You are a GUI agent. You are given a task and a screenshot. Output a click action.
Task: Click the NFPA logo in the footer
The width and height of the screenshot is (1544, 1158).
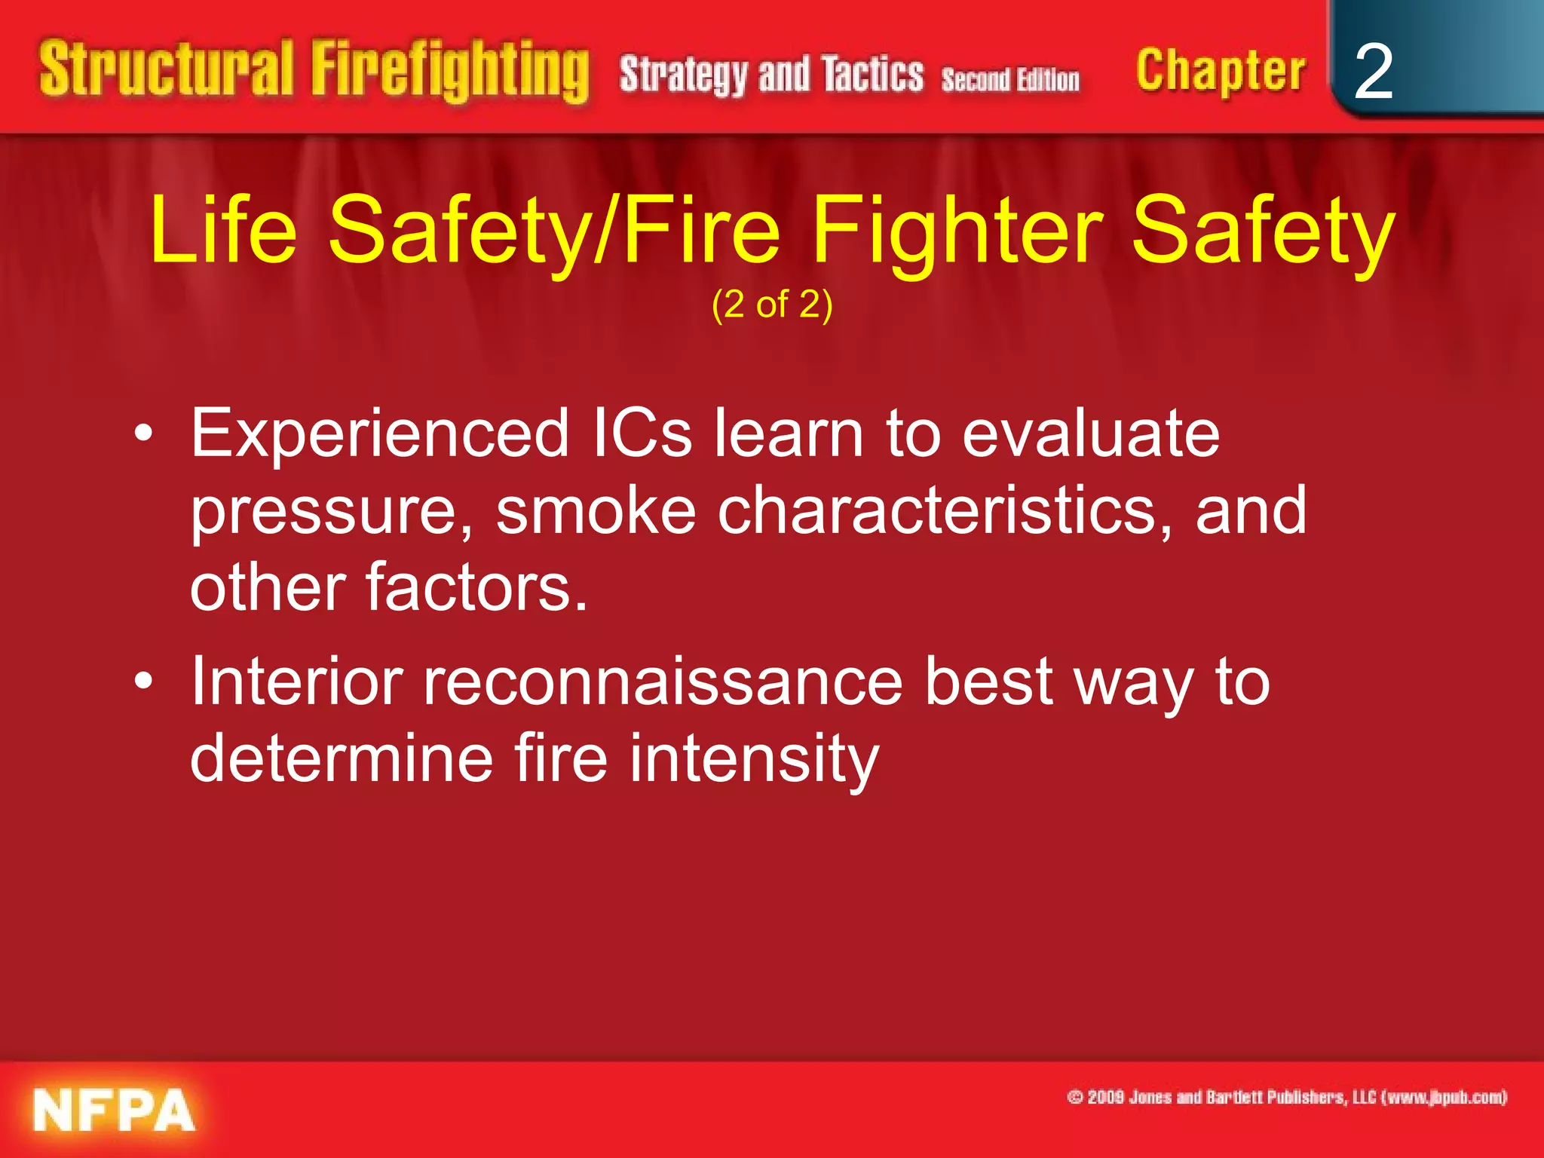[x=114, y=1110]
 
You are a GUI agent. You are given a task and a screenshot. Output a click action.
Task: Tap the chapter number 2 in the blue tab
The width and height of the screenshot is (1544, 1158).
[x=1373, y=72]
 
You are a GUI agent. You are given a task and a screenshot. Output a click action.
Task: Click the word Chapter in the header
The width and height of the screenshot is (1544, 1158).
[x=1221, y=72]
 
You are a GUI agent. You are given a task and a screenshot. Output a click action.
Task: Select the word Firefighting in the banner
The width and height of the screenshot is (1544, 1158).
[x=450, y=72]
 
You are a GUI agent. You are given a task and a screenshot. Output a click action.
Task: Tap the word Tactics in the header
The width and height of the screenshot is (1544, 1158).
[x=872, y=75]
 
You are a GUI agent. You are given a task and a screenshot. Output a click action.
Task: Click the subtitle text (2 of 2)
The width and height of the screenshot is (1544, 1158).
[x=772, y=305]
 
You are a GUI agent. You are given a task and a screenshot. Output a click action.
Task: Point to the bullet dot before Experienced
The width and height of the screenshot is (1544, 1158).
[x=143, y=434]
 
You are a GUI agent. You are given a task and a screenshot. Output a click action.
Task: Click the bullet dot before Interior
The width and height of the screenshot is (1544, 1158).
[x=143, y=682]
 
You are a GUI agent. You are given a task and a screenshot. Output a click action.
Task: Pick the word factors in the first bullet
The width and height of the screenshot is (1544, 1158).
[x=476, y=587]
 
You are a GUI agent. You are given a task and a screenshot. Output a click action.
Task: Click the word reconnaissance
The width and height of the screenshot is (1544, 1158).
[x=663, y=682]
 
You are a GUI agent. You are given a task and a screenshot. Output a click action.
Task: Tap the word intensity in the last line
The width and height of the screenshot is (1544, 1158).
[x=754, y=758]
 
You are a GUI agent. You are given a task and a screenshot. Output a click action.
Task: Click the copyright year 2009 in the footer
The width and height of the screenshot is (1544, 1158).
[x=1106, y=1097]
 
